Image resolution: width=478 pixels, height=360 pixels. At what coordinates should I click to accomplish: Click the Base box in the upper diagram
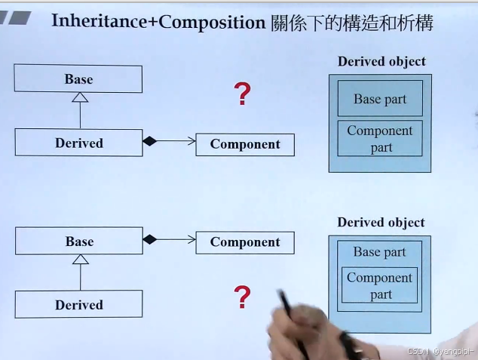click(x=78, y=79)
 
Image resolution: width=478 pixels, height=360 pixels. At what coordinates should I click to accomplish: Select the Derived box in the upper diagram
click(x=78, y=143)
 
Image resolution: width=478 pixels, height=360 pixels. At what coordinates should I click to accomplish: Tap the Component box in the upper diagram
click(x=245, y=144)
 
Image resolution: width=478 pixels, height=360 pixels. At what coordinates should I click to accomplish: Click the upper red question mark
click(x=242, y=95)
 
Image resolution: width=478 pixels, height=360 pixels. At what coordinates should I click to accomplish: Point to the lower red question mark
click(x=242, y=297)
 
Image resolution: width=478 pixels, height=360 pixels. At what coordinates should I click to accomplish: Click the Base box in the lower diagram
click(x=78, y=242)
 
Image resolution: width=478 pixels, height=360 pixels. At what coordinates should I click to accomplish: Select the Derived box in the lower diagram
click(x=78, y=305)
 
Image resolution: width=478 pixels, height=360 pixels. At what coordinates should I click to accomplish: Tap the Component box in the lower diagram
click(x=245, y=242)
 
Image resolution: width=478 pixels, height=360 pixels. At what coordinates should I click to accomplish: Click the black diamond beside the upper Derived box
click(x=149, y=141)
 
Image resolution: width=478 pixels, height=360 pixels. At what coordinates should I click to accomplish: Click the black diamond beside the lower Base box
click(x=149, y=239)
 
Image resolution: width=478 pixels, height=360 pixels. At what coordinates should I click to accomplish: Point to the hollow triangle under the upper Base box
click(x=80, y=97)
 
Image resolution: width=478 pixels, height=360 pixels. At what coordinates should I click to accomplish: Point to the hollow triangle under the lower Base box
click(x=80, y=259)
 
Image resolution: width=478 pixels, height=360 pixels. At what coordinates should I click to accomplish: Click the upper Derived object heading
click(x=381, y=62)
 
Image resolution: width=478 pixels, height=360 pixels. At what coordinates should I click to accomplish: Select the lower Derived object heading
click(x=381, y=223)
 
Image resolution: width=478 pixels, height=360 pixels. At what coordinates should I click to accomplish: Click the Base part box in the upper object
click(x=380, y=99)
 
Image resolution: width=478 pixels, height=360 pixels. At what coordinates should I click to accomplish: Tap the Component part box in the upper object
click(x=380, y=138)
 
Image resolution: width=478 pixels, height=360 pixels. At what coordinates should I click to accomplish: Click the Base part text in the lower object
click(x=380, y=252)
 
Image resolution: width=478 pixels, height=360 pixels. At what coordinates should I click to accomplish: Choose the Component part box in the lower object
click(x=380, y=285)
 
